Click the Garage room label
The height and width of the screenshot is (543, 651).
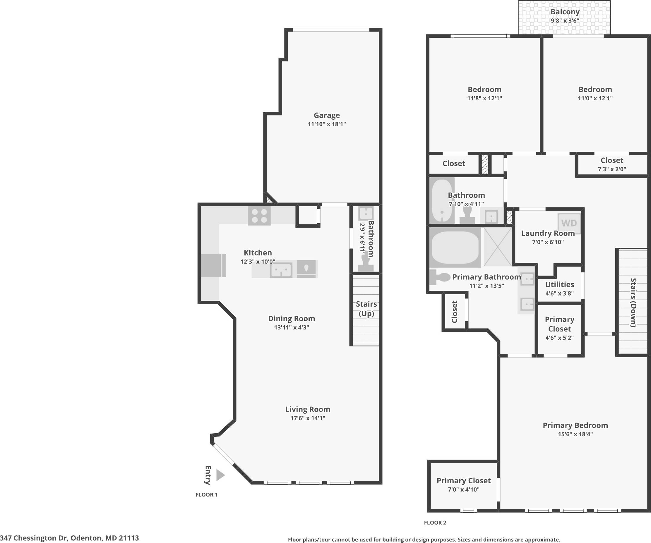[x=326, y=115]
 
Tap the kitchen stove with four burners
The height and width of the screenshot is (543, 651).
[x=259, y=216]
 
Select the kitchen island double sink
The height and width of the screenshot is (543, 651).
[x=281, y=270]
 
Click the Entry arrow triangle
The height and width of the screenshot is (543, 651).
[x=220, y=475]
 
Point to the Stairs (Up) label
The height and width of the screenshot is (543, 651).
[x=366, y=309]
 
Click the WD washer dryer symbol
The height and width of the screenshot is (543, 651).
[x=569, y=223]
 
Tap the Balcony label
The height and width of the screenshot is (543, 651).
[x=565, y=12]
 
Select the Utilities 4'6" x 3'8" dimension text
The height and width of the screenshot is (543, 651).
[x=559, y=293]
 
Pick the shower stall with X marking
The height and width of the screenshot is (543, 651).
[x=497, y=247]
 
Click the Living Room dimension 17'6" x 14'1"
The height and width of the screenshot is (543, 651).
[x=308, y=418]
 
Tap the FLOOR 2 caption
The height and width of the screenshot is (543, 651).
[x=435, y=523]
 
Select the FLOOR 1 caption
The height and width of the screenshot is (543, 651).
[x=206, y=495]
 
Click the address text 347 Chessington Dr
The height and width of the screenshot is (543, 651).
[x=69, y=538]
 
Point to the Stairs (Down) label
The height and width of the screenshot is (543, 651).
[x=633, y=302]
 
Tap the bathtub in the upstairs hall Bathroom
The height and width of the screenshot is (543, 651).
[x=442, y=201]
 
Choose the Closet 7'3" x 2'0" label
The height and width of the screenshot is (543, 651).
[x=612, y=164]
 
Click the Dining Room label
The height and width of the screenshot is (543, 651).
[x=292, y=318]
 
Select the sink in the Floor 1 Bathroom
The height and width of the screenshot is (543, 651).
[x=366, y=213]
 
